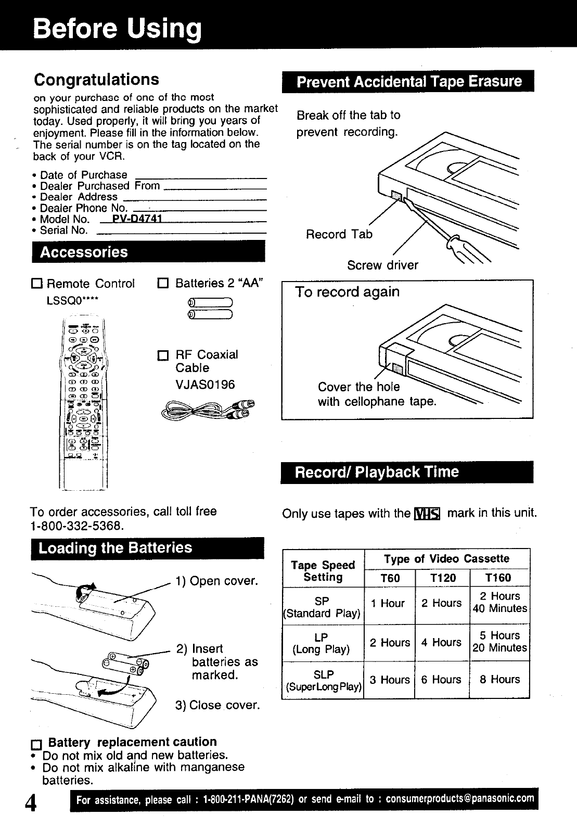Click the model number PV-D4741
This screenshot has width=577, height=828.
[135, 219]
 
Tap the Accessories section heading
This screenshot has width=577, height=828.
[84, 252]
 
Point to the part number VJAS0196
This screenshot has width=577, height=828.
[205, 385]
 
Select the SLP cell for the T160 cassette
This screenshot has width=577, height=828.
[499, 680]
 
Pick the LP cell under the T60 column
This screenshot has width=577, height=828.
[390, 643]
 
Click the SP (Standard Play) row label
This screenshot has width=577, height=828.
[323, 607]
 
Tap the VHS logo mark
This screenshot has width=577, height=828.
[427, 514]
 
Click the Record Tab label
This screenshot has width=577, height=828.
[339, 234]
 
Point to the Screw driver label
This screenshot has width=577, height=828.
[382, 265]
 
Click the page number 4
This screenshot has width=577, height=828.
[32, 803]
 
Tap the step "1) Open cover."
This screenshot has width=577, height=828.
[217, 581]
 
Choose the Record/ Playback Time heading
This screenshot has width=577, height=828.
[377, 473]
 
